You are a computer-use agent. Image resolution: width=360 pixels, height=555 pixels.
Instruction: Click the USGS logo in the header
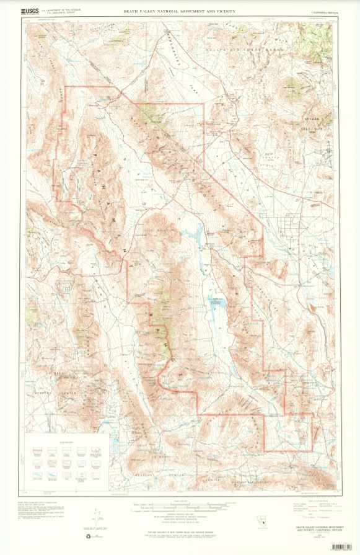(29, 11)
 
